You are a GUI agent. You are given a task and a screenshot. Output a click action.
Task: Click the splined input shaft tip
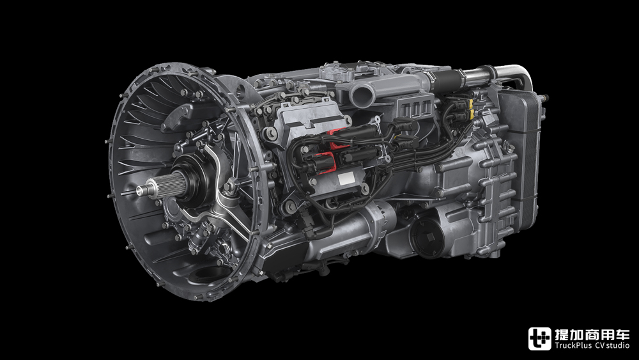(x=142, y=190)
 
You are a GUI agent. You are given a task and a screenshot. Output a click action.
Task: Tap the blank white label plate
(x=346, y=178)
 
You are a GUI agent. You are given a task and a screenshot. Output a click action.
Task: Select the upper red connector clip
(x=339, y=139)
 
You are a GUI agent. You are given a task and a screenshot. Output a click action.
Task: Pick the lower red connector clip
(x=327, y=162)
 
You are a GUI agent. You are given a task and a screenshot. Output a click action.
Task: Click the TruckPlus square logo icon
(x=539, y=339)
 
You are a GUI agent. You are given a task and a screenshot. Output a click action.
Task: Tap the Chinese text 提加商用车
(x=592, y=334)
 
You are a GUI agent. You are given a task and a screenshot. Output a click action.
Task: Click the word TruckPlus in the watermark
(x=573, y=346)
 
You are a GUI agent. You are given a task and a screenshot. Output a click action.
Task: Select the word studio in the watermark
(x=617, y=346)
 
